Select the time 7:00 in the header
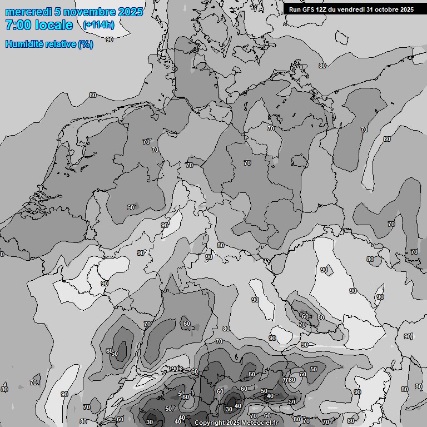(x=17, y=25)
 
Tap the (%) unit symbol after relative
(x=86, y=44)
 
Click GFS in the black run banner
(x=309, y=9)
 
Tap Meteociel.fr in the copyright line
(x=262, y=423)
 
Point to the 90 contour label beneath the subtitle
(x=110, y=39)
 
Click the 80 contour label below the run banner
(x=322, y=66)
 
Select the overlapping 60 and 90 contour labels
(x=112, y=352)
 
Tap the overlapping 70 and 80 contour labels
(x=289, y=380)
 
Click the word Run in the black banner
(x=295, y=9)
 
